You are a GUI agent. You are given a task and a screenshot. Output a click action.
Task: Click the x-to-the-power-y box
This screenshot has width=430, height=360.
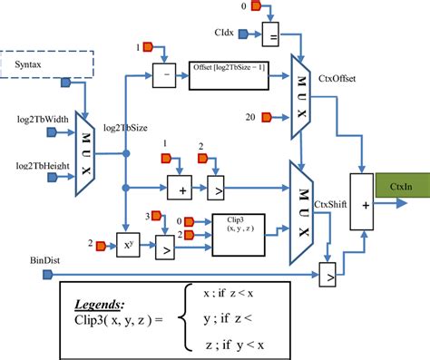click(126, 244)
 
